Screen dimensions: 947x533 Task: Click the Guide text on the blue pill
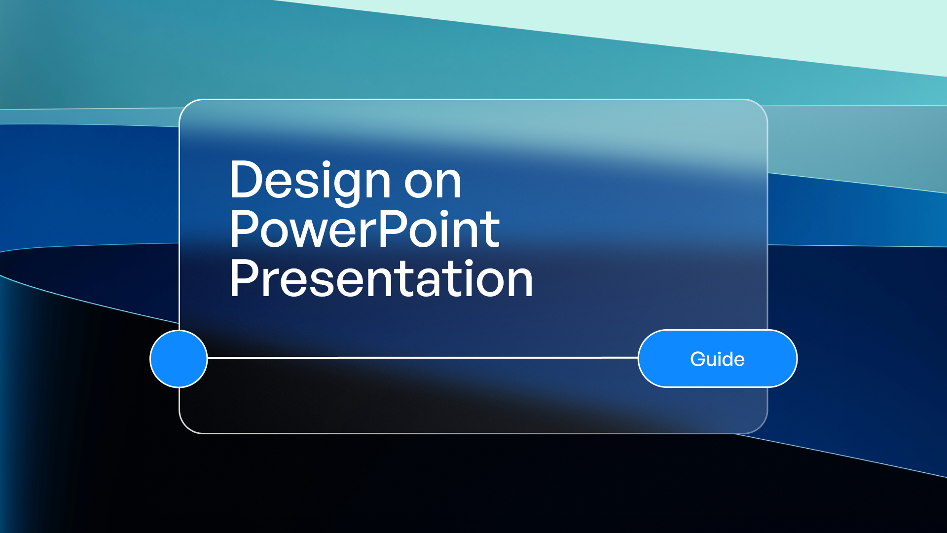718,359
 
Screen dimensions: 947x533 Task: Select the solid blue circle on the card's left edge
179,359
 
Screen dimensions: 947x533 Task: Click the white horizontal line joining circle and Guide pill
423,357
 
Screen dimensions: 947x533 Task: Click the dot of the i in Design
327,163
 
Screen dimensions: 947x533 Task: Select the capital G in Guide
698,359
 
